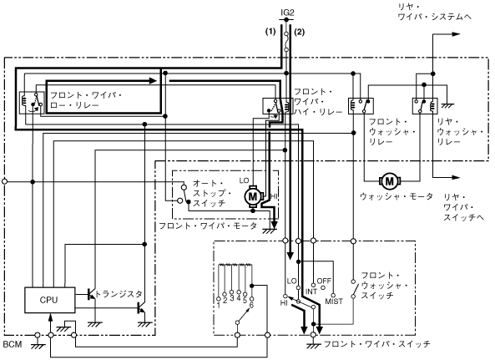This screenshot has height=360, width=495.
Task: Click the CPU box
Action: [50, 300]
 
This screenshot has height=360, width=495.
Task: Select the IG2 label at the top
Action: [287, 13]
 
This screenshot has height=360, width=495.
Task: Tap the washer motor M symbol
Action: [390, 181]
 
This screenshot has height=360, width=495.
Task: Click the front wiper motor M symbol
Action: [253, 197]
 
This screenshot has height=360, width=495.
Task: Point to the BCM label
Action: [13, 344]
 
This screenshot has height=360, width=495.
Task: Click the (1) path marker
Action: [270, 32]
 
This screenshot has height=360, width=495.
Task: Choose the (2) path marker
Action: [300, 32]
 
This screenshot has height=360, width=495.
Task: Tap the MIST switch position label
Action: [334, 302]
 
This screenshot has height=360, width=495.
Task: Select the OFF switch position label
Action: [324, 281]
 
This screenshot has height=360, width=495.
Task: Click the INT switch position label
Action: [311, 292]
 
